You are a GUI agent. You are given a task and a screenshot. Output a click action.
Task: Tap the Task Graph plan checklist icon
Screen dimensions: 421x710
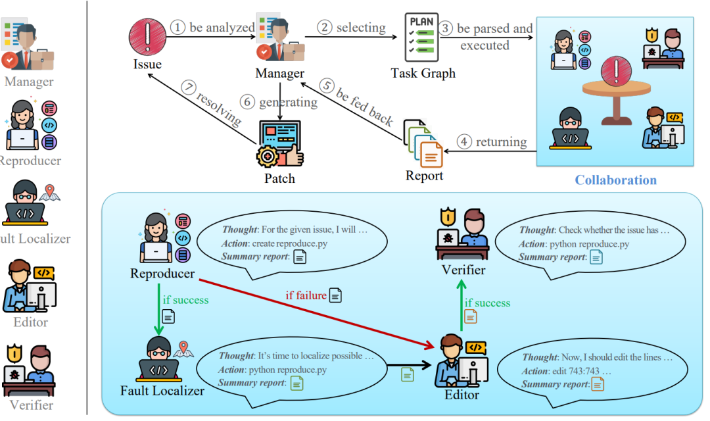pos(421,37)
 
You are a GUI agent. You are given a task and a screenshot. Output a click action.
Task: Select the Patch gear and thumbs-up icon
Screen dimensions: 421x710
pos(280,145)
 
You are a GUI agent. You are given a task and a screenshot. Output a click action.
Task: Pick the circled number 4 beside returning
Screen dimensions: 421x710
pos(463,141)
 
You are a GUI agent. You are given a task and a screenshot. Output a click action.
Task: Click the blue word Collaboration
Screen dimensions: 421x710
pos(615,180)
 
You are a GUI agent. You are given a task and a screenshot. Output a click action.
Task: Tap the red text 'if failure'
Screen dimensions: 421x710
pos(306,295)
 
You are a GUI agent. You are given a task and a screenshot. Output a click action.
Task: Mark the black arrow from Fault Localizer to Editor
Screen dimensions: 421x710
pos(408,364)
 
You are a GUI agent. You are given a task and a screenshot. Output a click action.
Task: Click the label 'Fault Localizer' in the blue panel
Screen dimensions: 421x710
pos(162,391)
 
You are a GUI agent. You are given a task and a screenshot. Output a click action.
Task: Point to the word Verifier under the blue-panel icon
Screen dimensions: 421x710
pos(463,270)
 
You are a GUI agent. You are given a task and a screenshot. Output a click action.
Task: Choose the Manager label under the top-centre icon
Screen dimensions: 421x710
pos(280,73)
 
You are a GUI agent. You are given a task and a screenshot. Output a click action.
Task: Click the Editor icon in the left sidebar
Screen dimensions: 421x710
pos(30,286)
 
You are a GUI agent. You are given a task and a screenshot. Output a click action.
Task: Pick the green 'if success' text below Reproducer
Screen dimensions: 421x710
pos(186,300)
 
